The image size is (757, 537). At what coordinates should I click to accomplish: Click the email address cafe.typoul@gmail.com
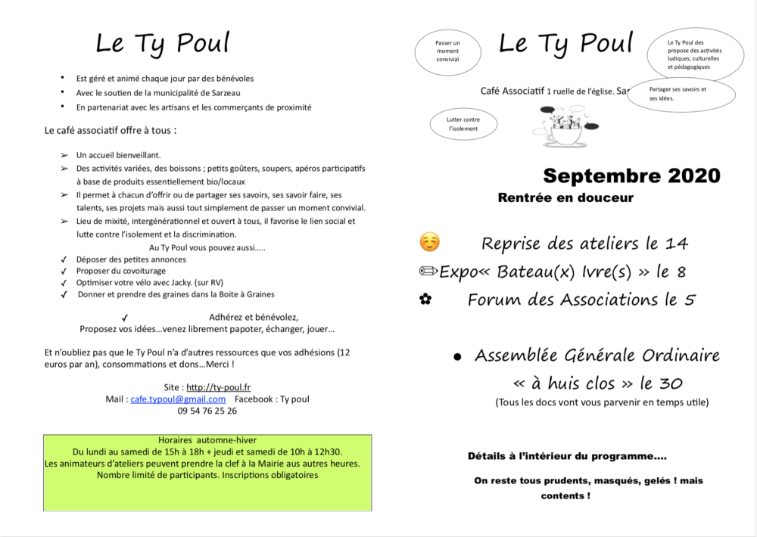click(178, 399)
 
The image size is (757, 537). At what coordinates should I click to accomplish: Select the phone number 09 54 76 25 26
click(207, 411)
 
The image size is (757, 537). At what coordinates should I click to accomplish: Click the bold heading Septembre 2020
click(631, 176)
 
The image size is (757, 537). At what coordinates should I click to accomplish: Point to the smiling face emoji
click(429, 243)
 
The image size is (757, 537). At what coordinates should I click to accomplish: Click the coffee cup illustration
click(565, 129)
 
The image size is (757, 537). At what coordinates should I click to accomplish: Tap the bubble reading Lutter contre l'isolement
click(464, 124)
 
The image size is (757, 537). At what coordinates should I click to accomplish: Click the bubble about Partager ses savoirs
click(681, 94)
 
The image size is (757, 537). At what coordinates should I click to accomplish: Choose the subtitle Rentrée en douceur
click(565, 198)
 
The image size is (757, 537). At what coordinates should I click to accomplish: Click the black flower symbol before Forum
click(425, 300)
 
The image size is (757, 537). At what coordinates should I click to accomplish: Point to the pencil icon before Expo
click(428, 272)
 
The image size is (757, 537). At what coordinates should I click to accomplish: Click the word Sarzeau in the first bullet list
click(223, 93)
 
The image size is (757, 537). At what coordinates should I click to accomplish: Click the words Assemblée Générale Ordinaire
click(597, 355)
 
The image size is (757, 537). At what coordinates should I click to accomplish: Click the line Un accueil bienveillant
click(118, 155)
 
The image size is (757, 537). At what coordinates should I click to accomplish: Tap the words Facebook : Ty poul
click(272, 399)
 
